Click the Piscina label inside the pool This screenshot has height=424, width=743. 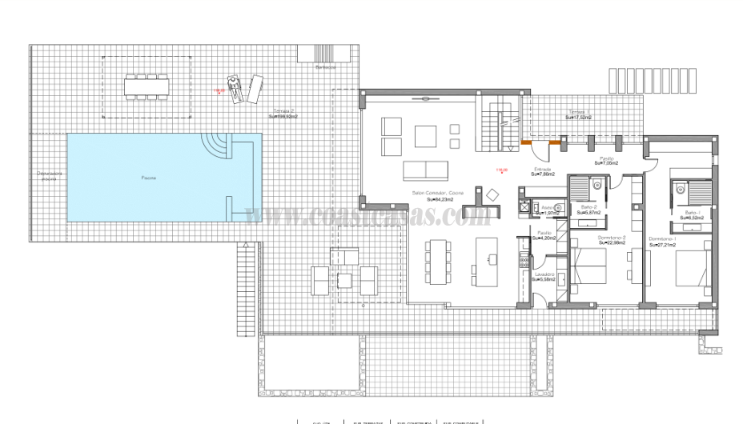pyautogui.click(x=148, y=177)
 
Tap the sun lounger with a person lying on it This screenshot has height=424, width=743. pyautogui.click(x=235, y=90)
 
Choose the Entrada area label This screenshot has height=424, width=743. pyautogui.click(x=542, y=171)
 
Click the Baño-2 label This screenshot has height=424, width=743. pyautogui.click(x=589, y=209)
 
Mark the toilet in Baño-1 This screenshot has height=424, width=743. pyautogui.click(x=680, y=188)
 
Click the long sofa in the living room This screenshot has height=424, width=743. pyautogui.click(x=426, y=170)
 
